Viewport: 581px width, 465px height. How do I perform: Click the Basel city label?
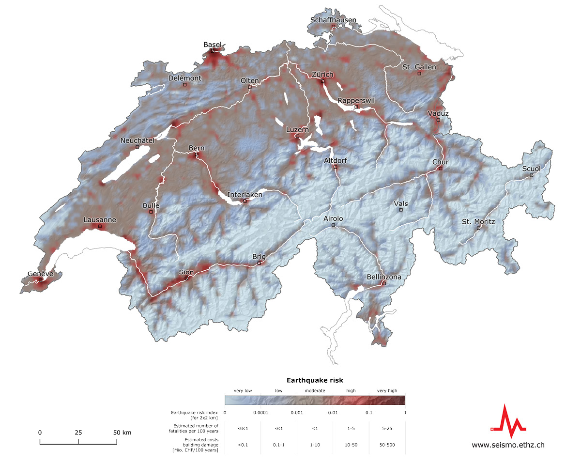click(212, 45)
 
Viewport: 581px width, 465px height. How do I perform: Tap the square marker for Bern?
click(197, 155)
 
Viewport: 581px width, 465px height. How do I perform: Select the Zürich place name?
click(322, 75)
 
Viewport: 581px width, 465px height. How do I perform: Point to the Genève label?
click(40, 274)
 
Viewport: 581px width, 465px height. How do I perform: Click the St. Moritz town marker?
click(478, 228)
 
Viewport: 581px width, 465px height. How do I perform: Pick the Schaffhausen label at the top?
click(333, 20)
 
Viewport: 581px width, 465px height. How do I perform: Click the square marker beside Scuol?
click(531, 175)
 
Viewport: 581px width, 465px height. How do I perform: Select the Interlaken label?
click(245, 195)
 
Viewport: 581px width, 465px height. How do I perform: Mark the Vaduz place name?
click(438, 113)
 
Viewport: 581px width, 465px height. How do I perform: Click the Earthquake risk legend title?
click(315, 380)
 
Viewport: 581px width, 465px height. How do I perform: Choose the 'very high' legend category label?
click(387, 390)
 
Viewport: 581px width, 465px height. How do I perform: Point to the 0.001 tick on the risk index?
click(297, 413)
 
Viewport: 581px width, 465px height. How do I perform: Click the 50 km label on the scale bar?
click(122, 433)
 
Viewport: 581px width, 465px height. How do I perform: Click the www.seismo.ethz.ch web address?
click(508, 445)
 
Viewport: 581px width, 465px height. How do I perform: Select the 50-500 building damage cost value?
click(387, 445)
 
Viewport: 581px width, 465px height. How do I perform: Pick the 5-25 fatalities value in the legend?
click(387, 428)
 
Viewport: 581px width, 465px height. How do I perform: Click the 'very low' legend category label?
click(243, 390)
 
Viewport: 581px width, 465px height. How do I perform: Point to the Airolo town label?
click(333, 219)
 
